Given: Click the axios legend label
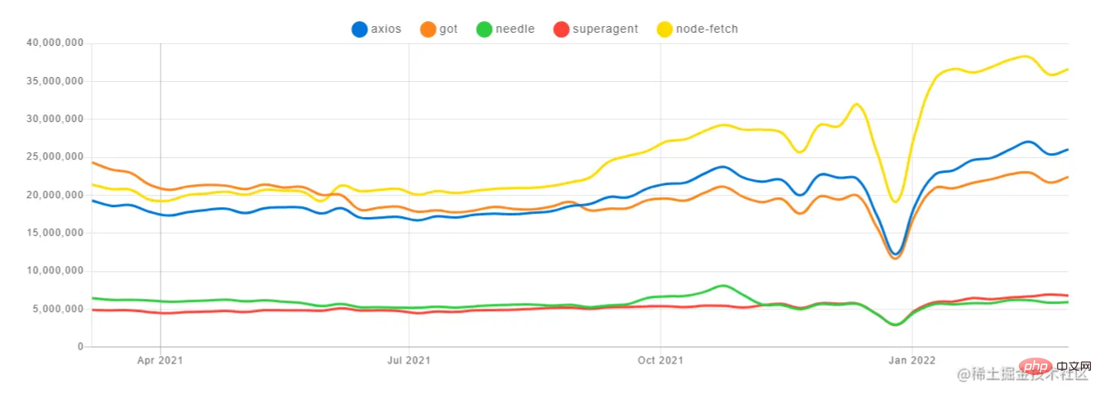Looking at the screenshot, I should click(387, 29).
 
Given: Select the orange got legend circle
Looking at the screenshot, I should click(428, 29).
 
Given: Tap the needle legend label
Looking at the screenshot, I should click(515, 29).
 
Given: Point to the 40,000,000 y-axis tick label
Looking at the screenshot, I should click(56, 43).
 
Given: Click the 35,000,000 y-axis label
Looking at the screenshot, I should click(56, 81).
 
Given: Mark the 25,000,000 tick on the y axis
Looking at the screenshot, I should click(56, 157).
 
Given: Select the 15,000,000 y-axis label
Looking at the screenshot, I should click(56, 233).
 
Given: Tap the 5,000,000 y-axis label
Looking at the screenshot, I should click(59, 309).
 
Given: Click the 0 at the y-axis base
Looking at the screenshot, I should click(80, 347).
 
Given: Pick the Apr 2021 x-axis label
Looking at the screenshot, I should click(160, 359).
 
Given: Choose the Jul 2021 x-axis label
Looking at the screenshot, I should click(409, 359).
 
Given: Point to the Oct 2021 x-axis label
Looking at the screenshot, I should click(660, 359).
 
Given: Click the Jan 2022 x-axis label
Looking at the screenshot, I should click(911, 359).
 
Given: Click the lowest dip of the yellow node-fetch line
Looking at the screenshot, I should click(896, 201).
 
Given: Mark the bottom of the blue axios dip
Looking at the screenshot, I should click(896, 254).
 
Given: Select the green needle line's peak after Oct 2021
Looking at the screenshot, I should click(721, 286).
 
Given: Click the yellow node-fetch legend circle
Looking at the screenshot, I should click(665, 29).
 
